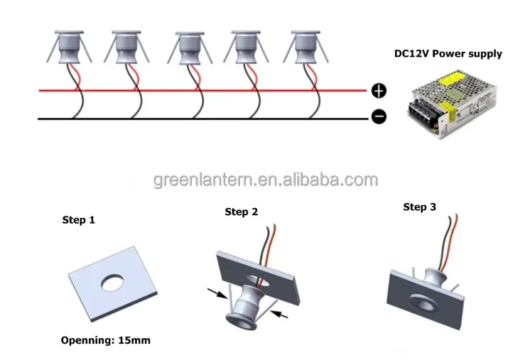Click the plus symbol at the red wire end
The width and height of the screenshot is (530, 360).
[379, 91]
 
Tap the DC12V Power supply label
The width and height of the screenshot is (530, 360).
[448, 54]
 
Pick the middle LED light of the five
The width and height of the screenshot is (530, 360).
[188, 50]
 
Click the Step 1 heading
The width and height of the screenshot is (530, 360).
[79, 220]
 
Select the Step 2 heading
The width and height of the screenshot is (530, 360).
[241, 212]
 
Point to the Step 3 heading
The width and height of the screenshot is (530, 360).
[419, 207]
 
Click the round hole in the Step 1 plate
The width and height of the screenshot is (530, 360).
[113, 283]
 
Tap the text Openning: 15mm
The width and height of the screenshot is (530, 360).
[104, 340]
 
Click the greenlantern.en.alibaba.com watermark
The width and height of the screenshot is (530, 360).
[266, 180]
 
